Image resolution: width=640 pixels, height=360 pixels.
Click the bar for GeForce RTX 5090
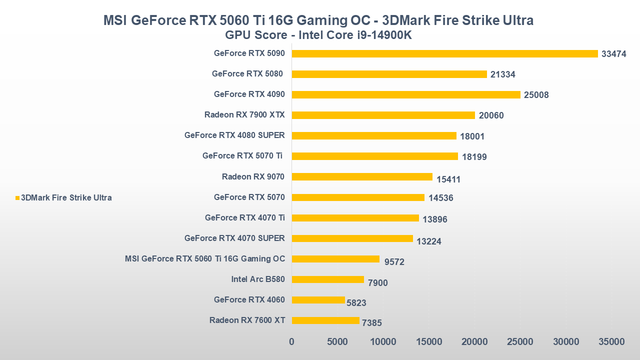point(444,53)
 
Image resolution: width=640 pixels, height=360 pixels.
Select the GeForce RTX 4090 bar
point(406,94)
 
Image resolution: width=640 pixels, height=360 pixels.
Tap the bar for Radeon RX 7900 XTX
point(383,115)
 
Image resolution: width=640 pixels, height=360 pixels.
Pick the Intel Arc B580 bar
point(327,279)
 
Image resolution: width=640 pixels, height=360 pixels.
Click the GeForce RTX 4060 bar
point(318,300)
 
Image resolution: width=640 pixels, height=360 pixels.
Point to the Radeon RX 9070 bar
point(362,176)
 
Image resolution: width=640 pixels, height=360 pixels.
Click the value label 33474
point(613,54)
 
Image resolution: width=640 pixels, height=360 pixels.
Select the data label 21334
point(502,74)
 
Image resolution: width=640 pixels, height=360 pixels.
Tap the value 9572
point(394,261)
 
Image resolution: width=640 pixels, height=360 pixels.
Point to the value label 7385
point(371,323)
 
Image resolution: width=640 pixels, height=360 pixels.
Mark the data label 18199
point(474,157)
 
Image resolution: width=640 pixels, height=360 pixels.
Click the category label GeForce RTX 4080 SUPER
point(234,135)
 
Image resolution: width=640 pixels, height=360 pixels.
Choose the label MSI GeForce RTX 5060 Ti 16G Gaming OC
point(205,258)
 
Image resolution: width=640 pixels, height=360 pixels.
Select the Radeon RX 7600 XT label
point(247,320)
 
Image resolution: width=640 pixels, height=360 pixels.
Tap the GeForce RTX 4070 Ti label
point(244,217)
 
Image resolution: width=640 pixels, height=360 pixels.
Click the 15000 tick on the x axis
point(429,342)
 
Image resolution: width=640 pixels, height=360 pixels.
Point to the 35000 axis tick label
point(611,342)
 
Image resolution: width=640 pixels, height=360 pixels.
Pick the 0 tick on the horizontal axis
point(292,342)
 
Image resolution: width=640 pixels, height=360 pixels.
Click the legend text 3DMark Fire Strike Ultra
point(66,197)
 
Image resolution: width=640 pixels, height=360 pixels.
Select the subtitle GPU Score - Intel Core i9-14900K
point(318,35)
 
